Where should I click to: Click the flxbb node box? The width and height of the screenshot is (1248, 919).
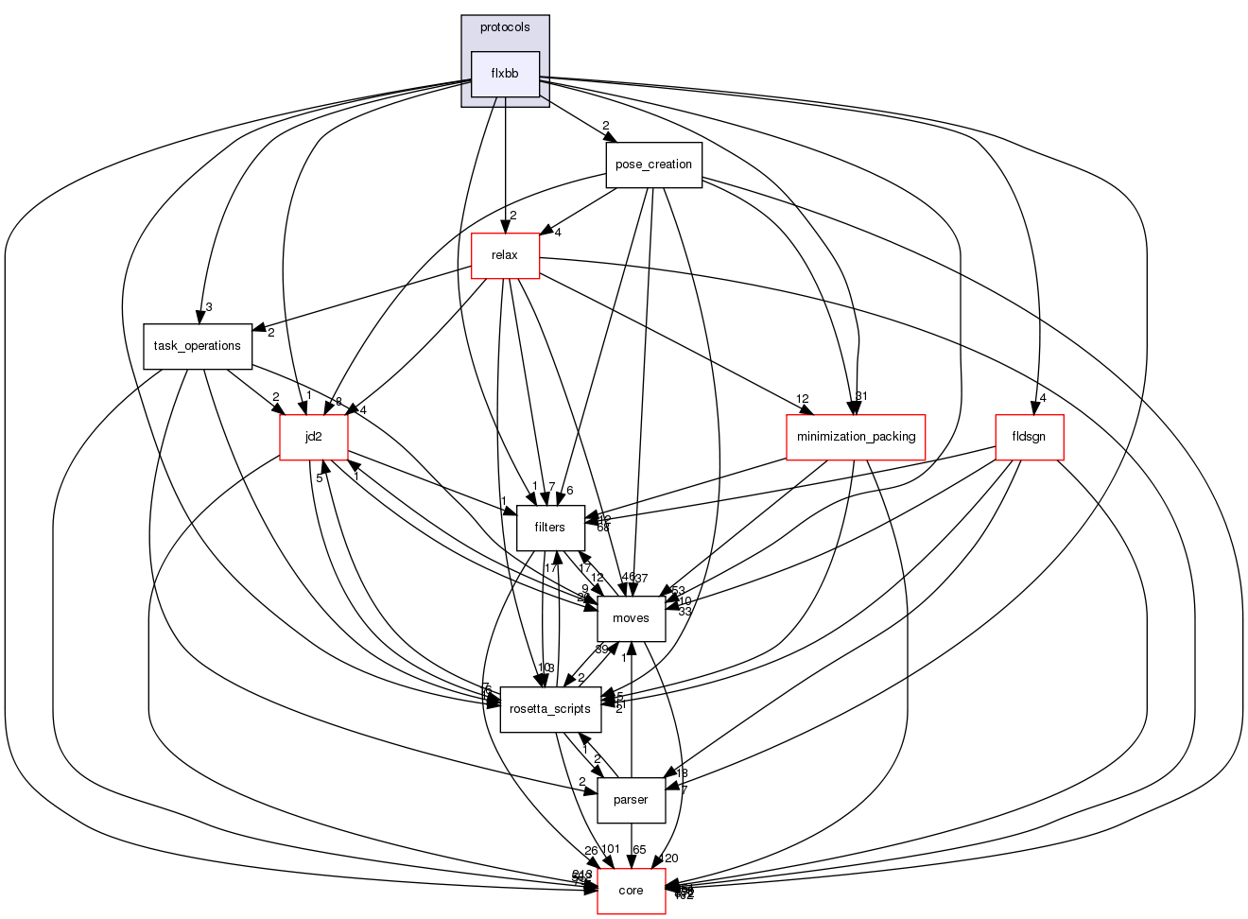click(505, 74)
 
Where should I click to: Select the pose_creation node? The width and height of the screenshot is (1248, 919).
click(653, 165)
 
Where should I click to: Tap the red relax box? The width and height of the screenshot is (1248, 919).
click(505, 255)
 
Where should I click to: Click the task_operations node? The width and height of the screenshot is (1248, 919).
click(198, 346)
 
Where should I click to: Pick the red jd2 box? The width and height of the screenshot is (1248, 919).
click(313, 437)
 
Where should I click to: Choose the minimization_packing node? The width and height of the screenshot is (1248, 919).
click(855, 437)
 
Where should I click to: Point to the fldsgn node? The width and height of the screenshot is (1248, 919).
click(1030, 437)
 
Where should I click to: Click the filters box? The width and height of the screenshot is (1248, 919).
click(549, 528)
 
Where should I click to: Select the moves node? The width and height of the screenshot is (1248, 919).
click(631, 618)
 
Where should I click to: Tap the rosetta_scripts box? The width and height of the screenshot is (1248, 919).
click(549, 709)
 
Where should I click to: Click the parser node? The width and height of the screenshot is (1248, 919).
click(631, 800)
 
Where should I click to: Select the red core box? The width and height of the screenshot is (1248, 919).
click(631, 891)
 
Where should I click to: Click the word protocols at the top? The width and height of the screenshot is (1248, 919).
click(505, 27)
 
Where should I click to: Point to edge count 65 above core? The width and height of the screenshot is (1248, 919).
click(639, 850)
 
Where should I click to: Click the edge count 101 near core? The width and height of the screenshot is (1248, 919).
click(610, 850)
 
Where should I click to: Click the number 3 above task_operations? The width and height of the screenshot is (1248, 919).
click(208, 307)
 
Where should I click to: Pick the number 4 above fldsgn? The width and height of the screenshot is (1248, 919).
click(1042, 398)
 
